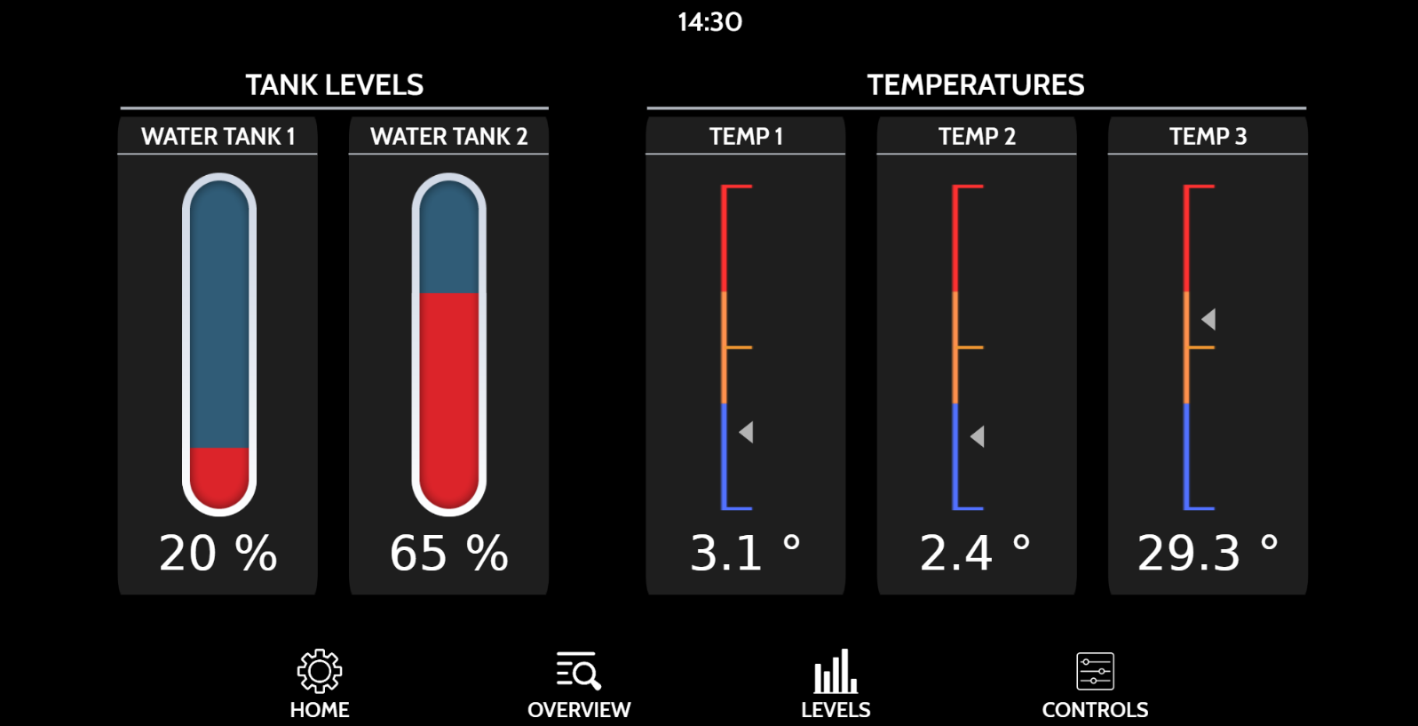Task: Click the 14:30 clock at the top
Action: click(709, 22)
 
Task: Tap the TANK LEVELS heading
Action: click(335, 85)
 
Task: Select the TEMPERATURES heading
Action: click(976, 85)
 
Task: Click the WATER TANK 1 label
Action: click(218, 137)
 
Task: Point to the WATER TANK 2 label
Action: click(448, 137)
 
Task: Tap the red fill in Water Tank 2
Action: click(448, 400)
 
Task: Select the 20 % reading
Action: click(218, 554)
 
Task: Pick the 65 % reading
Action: click(448, 554)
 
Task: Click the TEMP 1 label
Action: click(746, 137)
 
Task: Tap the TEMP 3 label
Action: click(1208, 137)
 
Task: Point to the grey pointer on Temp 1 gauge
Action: click(747, 433)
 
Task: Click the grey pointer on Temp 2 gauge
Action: click(978, 436)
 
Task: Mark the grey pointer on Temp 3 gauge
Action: click(1208, 320)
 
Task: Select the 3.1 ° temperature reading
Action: click(745, 554)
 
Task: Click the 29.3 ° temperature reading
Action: click(1208, 554)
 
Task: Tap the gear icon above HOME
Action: click(320, 671)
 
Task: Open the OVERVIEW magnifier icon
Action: click(579, 671)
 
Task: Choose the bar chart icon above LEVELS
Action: click(836, 671)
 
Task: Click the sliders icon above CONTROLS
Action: click(1095, 671)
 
